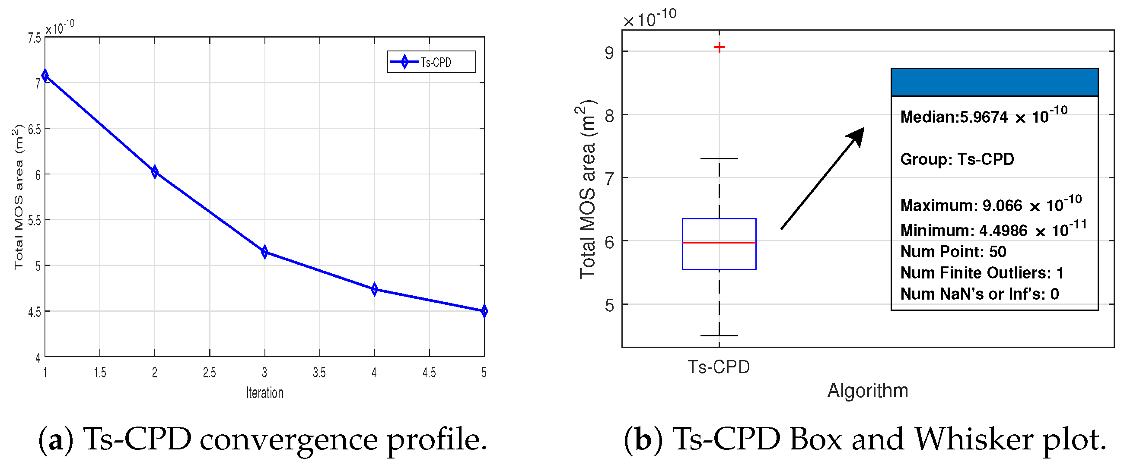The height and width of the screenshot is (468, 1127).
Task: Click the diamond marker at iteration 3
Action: [x=264, y=252]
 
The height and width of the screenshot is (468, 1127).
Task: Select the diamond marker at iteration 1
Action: [x=45, y=76]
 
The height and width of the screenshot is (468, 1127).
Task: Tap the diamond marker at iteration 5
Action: [x=484, y=311]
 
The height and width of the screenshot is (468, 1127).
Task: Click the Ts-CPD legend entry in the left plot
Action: [x=431, y=62]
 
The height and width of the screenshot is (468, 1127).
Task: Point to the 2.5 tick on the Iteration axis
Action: [x=209, y=373]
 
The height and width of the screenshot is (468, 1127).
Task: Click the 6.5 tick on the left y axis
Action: [x=35, y=130]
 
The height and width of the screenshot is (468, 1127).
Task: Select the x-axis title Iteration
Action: [x=265, y=393]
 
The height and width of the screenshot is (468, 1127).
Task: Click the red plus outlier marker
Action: [x=719, y=47]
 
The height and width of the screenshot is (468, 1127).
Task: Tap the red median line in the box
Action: [x=719, y=243]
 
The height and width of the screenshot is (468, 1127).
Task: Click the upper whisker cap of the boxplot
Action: [x=719, y=158]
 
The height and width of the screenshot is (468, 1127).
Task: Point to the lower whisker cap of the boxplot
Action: [x=719, y=335]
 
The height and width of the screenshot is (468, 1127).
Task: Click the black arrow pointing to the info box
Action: [x=822, y=178]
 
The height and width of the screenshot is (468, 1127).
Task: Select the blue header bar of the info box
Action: [x=994, y=82]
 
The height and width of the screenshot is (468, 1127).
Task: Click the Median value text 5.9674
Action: [x=984, y=117]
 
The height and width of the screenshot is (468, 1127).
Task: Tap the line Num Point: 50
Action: [x=953, y=252]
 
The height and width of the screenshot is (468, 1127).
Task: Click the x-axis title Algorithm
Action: [x=868, y=391]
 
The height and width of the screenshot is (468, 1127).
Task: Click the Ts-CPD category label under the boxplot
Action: [x=719, y=367]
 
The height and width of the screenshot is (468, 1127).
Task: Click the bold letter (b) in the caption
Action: [x=643, y=440]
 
